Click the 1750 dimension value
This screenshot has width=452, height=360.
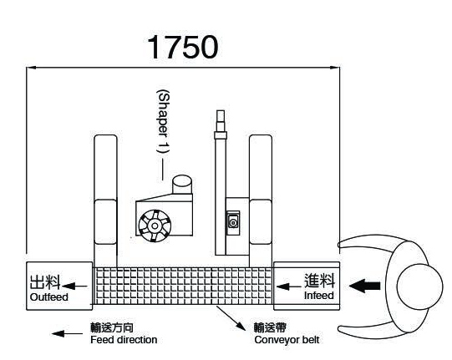click(182, 47)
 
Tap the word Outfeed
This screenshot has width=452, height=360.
click(49, 297)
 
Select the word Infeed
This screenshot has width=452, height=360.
click(319, 296)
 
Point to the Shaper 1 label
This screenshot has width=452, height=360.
click(163, 122)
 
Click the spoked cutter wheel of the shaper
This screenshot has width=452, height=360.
click(155, 226)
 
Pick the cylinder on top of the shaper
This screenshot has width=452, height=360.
click(182, 185)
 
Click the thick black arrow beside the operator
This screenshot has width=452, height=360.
click(364, 286)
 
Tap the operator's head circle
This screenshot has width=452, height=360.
click(419, 286)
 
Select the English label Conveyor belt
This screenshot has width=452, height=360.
click(287, 340)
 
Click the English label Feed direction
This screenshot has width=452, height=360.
click(124, 340)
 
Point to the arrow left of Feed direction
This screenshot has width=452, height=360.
click(67, 334)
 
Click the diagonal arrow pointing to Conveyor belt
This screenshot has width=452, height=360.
click(231, 318)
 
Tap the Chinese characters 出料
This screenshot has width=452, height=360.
click(45, 281)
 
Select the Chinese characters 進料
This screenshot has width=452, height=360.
click(320, 280)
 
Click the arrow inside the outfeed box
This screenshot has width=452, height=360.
click(74, 286)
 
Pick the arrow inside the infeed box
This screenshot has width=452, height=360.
click(288, 286)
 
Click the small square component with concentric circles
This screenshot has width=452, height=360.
click(233, 222)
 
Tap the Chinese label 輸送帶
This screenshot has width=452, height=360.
click(270, 327)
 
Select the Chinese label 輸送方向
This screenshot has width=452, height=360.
click(112, 327)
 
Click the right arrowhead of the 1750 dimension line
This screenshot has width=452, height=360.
click(335, 68)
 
